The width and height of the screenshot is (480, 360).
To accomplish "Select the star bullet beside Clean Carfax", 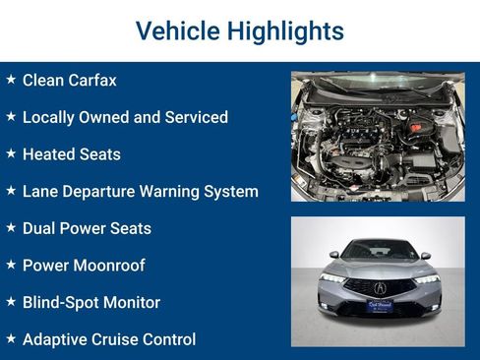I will tap(11, 79).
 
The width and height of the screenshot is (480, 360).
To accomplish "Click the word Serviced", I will tap(194, 117).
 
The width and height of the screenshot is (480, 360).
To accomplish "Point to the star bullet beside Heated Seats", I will tap(11, 153).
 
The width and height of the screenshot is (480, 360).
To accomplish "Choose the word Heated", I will tap(51, 154).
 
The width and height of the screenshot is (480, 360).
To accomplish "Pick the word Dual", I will tap(40, 228).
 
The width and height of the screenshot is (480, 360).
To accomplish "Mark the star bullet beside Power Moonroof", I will tap(11, 265).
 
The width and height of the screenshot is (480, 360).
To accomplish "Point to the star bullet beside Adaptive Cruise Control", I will tap(11, 338).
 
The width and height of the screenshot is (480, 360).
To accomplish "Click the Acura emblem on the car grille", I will tap(380, 288).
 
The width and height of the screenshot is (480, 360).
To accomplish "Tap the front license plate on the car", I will tap(380, 305).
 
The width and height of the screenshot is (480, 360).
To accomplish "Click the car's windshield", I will tap(379, 250).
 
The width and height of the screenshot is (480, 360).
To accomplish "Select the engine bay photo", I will tap(378, 136).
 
